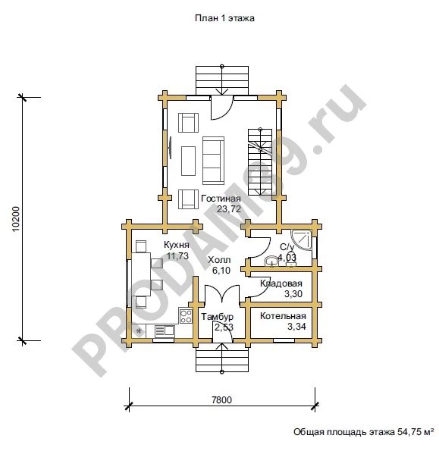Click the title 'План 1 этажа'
pos(224,18)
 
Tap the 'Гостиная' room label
pos(221,199)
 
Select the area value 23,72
pos(229,209)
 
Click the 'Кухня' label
pos(177,245)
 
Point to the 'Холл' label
pos(219,260)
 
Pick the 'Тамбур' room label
pos(217,317)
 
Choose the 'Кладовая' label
pos(281,283)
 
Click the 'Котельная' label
pos(283,316)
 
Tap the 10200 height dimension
pos(16,218)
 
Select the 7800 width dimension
pos(221,399)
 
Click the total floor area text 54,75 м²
pos(415,432)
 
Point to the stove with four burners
pos(186,316)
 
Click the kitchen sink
pos(165,331)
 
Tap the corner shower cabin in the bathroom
pos(301,240)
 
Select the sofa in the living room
pos(213,161)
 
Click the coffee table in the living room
pos(189,161)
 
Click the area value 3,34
pos(296,327)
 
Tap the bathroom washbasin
pos(272,262)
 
